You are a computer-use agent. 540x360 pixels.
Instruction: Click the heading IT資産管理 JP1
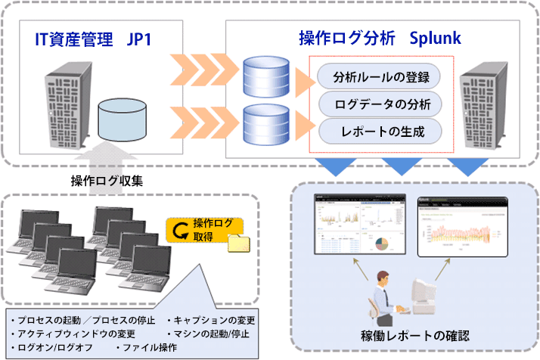[x=95, y=38]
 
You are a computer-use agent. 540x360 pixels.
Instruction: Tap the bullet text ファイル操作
[x=147, y=347]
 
